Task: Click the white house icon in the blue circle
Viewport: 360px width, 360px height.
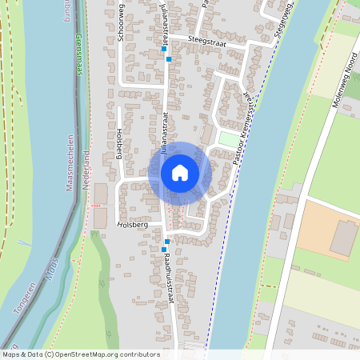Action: tap(180, 173)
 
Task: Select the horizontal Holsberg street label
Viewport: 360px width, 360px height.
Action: tap(133, 226)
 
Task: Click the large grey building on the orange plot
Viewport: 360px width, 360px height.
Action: tap(343, 238)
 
